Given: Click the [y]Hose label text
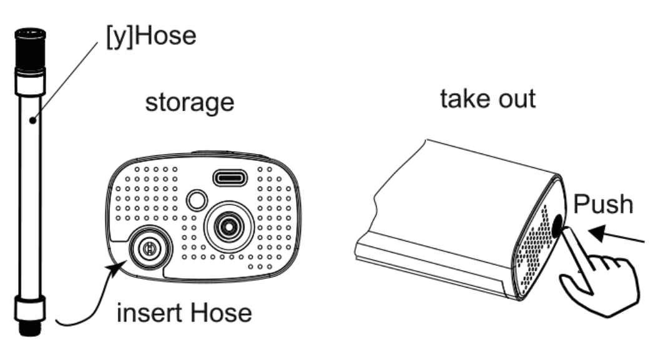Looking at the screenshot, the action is pyautogui.click(x=151, y=36).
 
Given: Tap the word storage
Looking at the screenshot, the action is pyautogui.click(x=190, y=103).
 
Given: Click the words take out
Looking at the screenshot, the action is pyautogui.click(x=488, y=99).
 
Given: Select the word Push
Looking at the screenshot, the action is pyautogui.click(x=604, y=204).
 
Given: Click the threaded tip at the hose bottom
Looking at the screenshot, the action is pyautogui.click(x=30, y=328).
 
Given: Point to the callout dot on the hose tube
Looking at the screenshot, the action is pyautogui.click(x=32, y=120).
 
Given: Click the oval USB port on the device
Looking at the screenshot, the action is pyautogui.click(x=230, y=178).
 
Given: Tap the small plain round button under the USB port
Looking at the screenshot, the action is pyautogui.click(x=197, y=200).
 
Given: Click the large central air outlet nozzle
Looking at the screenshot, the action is pyautogui.click(x=228, y=227).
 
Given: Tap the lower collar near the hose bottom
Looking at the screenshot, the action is pyautogui.click(x=30, y=308).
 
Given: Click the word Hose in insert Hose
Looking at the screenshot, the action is pyautogui.click(x=220, y=313).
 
